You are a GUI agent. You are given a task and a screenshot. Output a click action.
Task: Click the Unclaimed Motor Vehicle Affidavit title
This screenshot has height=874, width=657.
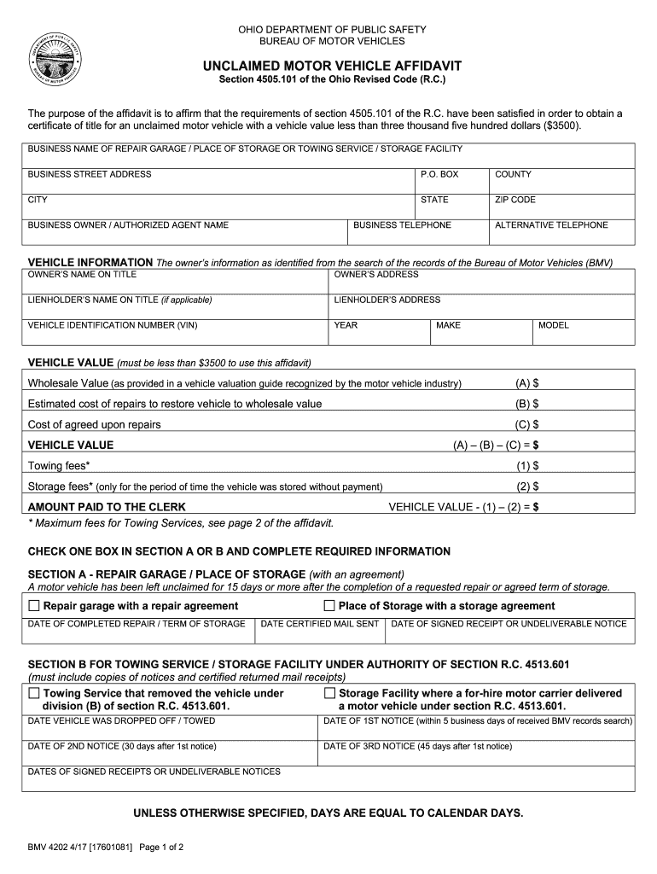tap(332, 66)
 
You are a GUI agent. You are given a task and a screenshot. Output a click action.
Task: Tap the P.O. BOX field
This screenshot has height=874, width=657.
tap(450, 185)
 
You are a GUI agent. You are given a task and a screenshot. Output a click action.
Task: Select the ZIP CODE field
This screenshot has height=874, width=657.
tap(561, 211)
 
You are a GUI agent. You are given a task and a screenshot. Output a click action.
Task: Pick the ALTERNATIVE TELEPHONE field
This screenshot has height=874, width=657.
tap(561, 236)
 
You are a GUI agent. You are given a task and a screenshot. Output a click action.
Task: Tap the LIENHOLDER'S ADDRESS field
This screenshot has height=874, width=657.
tap(480, 311)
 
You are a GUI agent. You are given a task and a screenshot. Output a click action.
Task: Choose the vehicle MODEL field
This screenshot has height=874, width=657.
tap(583, 336)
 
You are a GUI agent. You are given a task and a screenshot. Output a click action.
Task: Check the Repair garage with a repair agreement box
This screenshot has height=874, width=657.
tap(34, 606)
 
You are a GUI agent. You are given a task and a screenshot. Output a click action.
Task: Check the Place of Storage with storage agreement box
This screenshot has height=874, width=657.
tap(329, 606)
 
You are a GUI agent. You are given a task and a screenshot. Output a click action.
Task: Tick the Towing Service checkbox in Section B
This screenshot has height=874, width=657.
tap(34, 693)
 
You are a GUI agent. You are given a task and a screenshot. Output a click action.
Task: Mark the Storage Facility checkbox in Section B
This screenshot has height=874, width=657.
tap(329, 693)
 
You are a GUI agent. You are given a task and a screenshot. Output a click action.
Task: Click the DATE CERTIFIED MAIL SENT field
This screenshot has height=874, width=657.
tap(320, 635)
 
